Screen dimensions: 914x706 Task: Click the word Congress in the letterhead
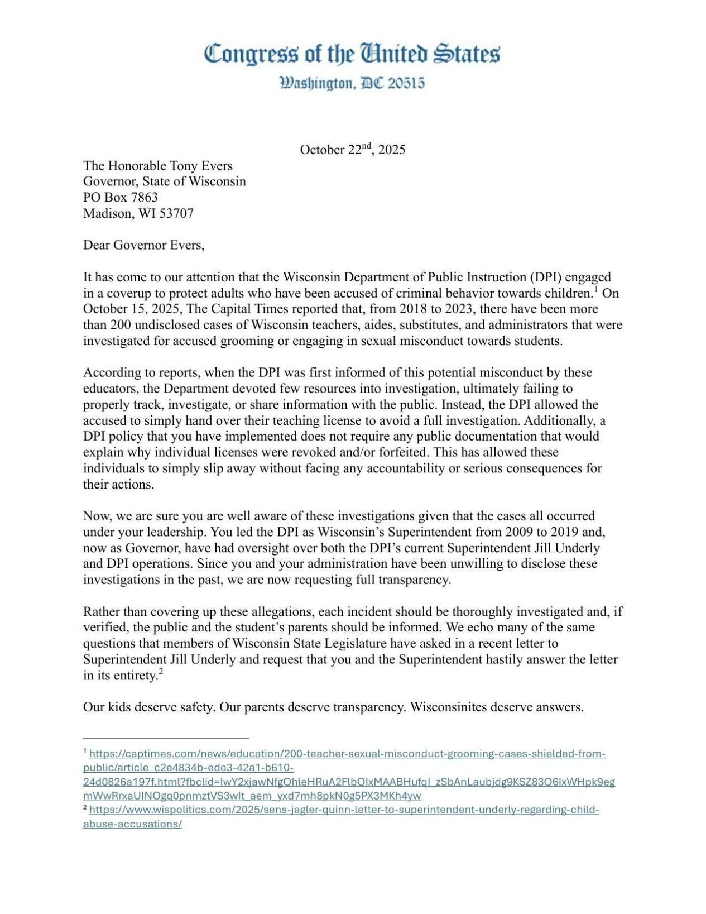click(251, 54)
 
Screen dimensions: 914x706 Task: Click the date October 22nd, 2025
click(352, 150)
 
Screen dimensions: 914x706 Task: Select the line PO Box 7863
click(121, 197)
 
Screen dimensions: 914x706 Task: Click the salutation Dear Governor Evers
click(143, 245)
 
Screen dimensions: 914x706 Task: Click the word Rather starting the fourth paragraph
click(101, 612)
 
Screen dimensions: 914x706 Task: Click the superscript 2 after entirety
click(160, 672)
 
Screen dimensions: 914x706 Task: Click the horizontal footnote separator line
click(166, 738)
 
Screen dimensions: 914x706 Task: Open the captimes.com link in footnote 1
click(346, 754)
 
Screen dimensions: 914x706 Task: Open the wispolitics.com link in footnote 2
click(343, 810)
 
